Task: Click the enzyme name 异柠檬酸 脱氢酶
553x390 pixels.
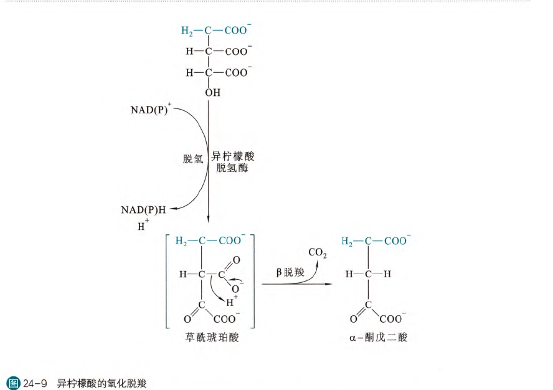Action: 232,162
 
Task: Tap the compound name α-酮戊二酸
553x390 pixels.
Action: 378,337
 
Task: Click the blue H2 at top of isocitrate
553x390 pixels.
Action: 187,31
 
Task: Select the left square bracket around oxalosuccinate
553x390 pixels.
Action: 167,280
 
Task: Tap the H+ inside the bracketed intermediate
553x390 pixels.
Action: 232,303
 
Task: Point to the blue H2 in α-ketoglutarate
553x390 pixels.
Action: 348,241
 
